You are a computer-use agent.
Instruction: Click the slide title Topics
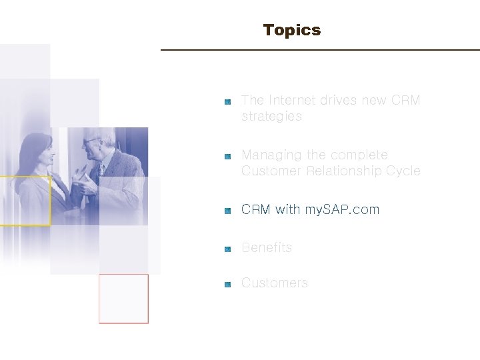click(x=292, y=31)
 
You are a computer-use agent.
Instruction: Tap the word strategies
click(x=271, y=117)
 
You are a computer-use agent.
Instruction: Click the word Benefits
click(x=267, y=248)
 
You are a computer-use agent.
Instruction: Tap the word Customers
click(x=275, y=283)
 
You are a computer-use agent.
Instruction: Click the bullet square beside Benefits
click(x=227, y=249)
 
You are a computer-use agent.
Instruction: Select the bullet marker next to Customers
click(x=227, y=284)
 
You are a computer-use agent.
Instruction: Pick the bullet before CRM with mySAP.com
click(x=227, y=211)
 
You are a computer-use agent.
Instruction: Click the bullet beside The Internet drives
click(x=227, y=101)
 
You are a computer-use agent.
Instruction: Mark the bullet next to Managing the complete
click(x=227, y=156)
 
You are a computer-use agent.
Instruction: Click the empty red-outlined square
click(x=123, y=299)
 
